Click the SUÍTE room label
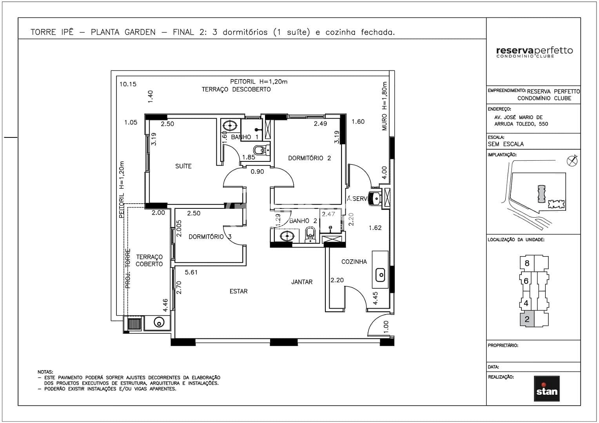click(183, 166)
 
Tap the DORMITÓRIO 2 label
click(309, 158)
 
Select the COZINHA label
click(354, 262)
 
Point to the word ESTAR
click(238, 291)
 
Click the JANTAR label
click(302, 282)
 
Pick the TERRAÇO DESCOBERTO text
click(236, 89)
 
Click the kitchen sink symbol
click(380, 275)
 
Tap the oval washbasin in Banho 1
click(229, 126)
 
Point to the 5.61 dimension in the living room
click(191, 272)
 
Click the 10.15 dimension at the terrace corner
click(128, 84)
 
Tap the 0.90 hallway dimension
click(257, 172)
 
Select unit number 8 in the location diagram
click(527, 263)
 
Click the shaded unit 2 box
click(527, 320)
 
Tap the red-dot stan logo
click(546, 389)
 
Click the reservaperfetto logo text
click(534, 51)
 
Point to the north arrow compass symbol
click(572, 161)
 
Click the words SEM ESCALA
click(505, 144)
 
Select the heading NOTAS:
click(45, 372)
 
